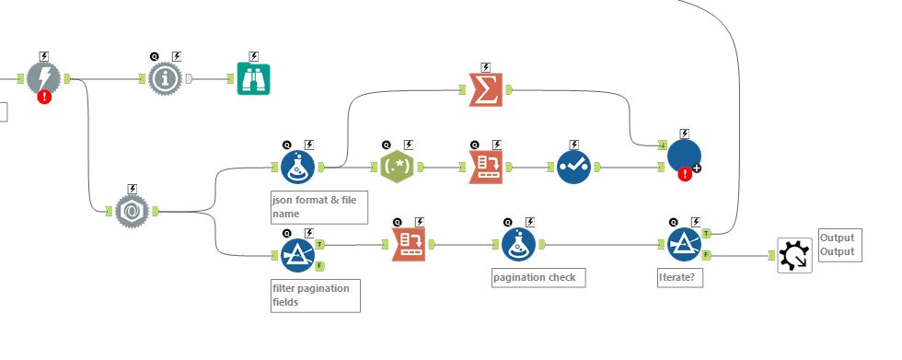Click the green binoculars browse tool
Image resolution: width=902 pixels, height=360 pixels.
point(253,79)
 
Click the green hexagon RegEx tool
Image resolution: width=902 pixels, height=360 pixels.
point(397,167)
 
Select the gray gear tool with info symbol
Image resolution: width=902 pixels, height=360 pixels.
point(166,79)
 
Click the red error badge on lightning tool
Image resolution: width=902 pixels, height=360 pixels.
point(43,98)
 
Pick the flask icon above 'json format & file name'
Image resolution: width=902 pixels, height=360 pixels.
point(296,167)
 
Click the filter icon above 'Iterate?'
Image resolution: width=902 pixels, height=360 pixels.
point(684,245)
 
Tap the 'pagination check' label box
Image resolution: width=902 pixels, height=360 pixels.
point(538,277)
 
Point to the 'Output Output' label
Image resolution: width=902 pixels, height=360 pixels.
point(838,245)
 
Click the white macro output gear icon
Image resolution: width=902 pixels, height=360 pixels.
point(793,255)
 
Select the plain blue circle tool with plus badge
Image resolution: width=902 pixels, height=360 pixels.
point(683,156)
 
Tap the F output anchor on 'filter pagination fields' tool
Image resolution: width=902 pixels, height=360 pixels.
point(319,266)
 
